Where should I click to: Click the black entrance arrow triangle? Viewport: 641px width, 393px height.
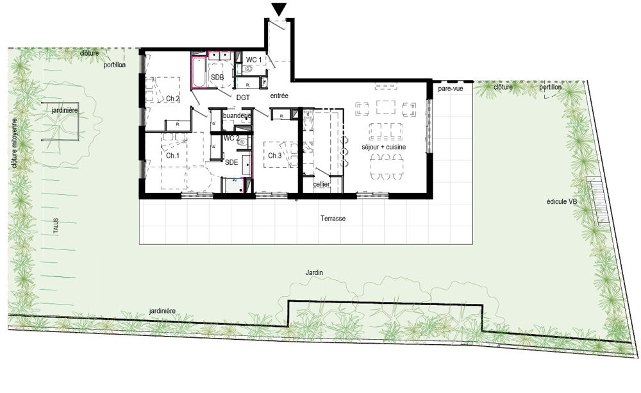279,9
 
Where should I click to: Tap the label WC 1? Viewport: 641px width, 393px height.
254,60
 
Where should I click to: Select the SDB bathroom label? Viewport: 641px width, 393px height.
217,77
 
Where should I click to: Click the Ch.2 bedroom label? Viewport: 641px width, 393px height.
172,99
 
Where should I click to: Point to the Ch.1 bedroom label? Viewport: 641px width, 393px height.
172,156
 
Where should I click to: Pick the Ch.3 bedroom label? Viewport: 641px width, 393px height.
275,156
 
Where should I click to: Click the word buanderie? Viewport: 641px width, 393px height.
237,115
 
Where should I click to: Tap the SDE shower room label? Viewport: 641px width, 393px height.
231,163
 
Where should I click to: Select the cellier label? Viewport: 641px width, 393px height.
321,185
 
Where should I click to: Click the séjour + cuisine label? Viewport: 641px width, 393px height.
384,147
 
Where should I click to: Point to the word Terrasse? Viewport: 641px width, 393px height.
333,219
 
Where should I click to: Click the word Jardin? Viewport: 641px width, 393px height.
314,272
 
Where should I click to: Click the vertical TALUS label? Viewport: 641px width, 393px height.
56,227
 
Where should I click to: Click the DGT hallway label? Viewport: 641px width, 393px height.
242,97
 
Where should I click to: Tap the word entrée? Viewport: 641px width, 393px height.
279,96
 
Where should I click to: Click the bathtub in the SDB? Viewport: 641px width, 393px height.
198,72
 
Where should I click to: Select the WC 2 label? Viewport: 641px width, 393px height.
231,138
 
